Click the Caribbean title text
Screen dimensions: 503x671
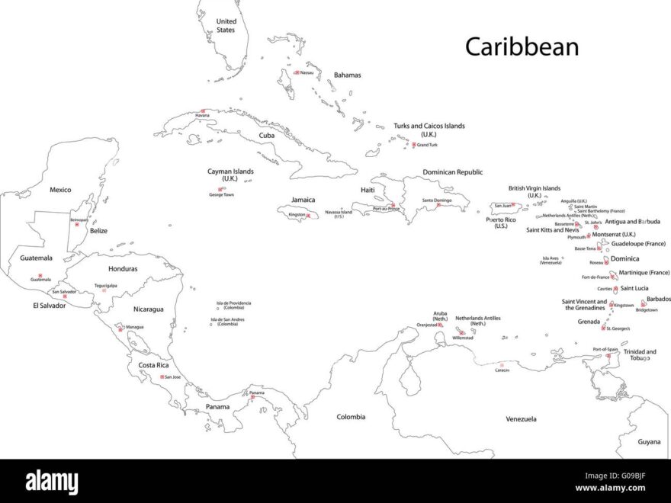522,46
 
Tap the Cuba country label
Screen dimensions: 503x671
266,135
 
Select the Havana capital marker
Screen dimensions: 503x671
202,111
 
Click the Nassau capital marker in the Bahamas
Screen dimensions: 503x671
297,72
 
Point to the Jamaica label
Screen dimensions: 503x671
303,200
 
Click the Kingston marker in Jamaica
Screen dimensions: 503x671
308,215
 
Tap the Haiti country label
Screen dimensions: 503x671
368,190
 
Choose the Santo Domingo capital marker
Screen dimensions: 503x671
438,204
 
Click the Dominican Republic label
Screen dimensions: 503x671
452,172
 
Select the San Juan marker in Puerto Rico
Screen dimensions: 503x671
514,204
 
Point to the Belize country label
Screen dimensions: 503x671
98,230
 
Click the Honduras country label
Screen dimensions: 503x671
123,268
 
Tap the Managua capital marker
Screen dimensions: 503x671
121,327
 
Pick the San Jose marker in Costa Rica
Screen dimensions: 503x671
162,376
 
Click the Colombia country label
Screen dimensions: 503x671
351,417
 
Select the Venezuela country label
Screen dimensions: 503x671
521,419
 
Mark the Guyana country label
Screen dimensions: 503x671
649,441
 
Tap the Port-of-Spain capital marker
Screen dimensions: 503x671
608,355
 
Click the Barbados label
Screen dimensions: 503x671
659,299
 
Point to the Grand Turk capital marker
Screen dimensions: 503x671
414,144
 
